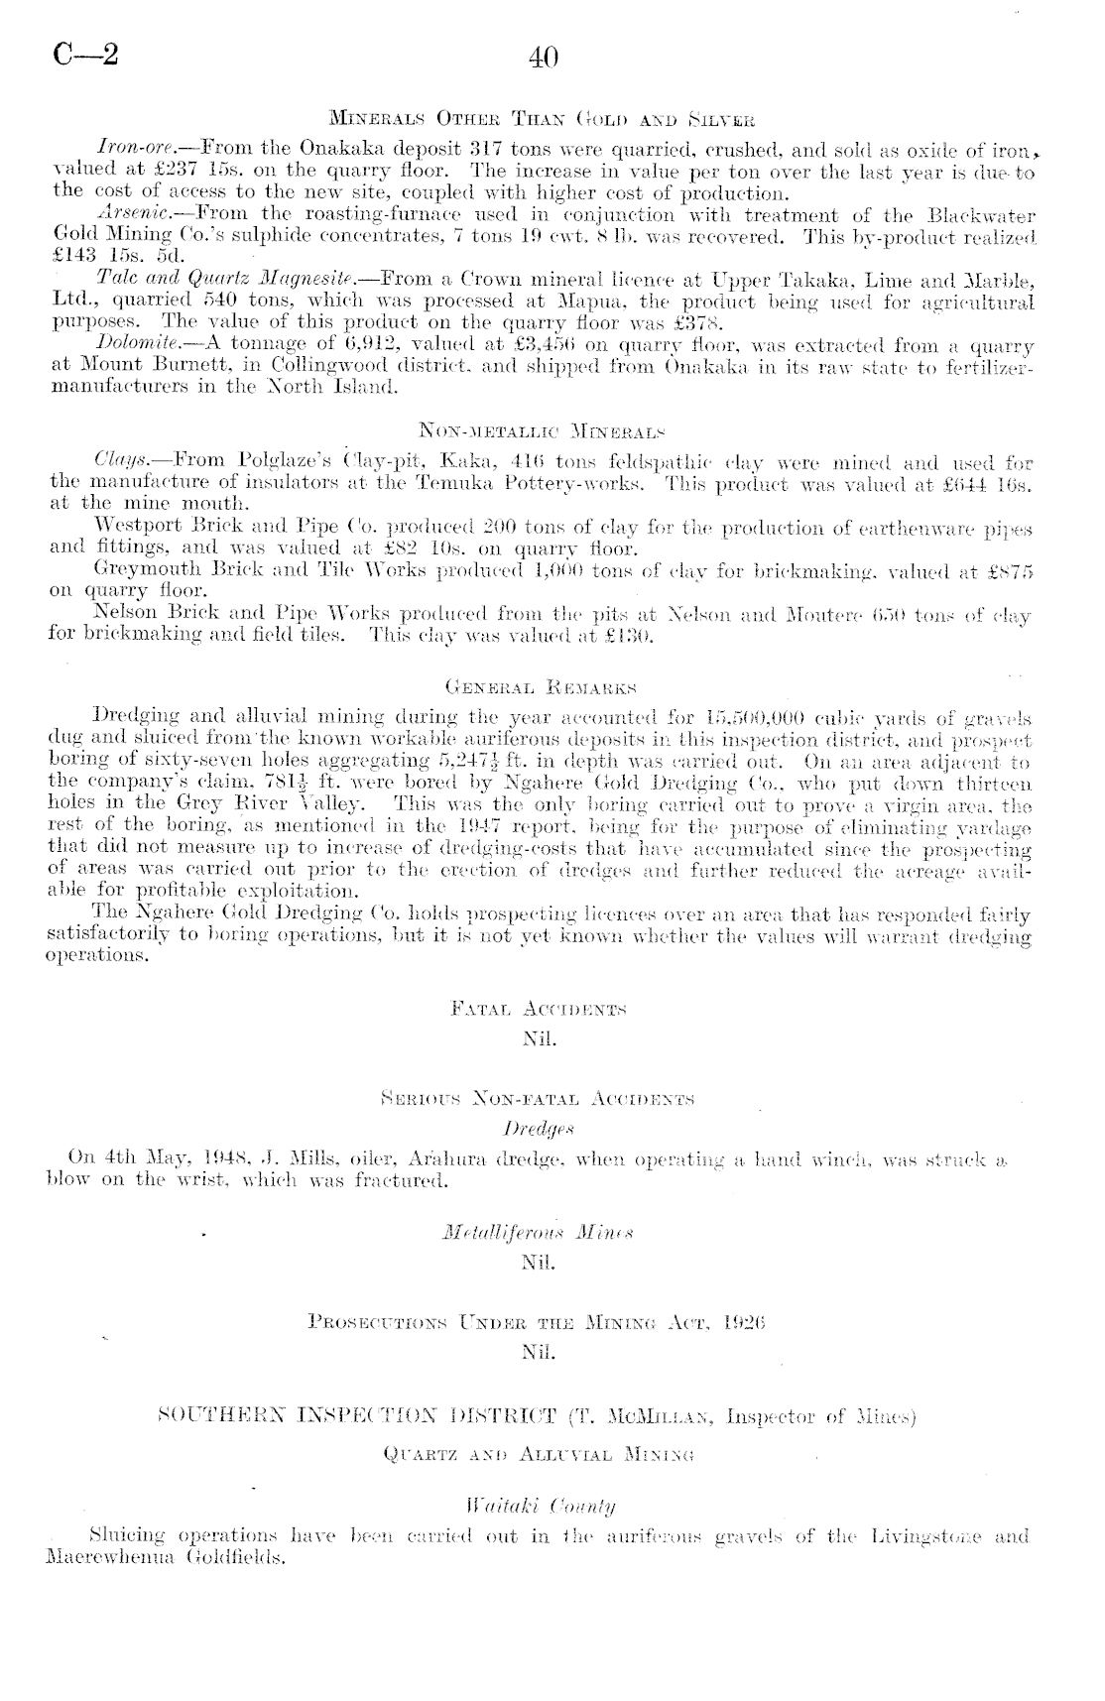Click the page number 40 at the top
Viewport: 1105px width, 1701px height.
coord(545,58)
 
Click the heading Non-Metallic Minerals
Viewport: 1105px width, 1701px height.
coord(542,431)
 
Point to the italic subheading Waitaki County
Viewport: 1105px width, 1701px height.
coord(539,1508)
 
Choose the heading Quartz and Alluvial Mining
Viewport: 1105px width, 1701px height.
coord(539,1456)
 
